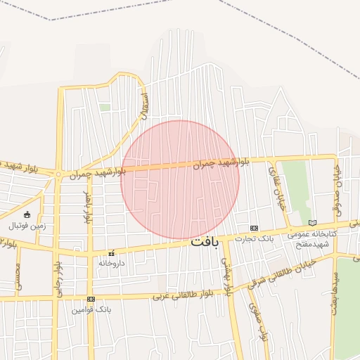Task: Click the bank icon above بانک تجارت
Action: pyautogui.click(x=254, y=229)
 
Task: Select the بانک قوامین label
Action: pyautogui.click(x=93, y=309)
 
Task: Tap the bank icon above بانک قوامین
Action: pyautogui.click(x=90, y=299)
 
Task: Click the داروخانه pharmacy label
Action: pyautogui.click(x=111, y=262)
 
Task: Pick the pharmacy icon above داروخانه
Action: pyautogui.click(x=111, y=252)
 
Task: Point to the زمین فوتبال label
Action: pyautogui.click(x=26, y=226)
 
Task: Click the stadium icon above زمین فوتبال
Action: pyautogui.click(x=27, y=214)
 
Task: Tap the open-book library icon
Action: pyautogui.click(x=312, y=224)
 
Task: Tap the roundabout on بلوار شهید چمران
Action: pyautogui.click(x=59, y=174)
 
